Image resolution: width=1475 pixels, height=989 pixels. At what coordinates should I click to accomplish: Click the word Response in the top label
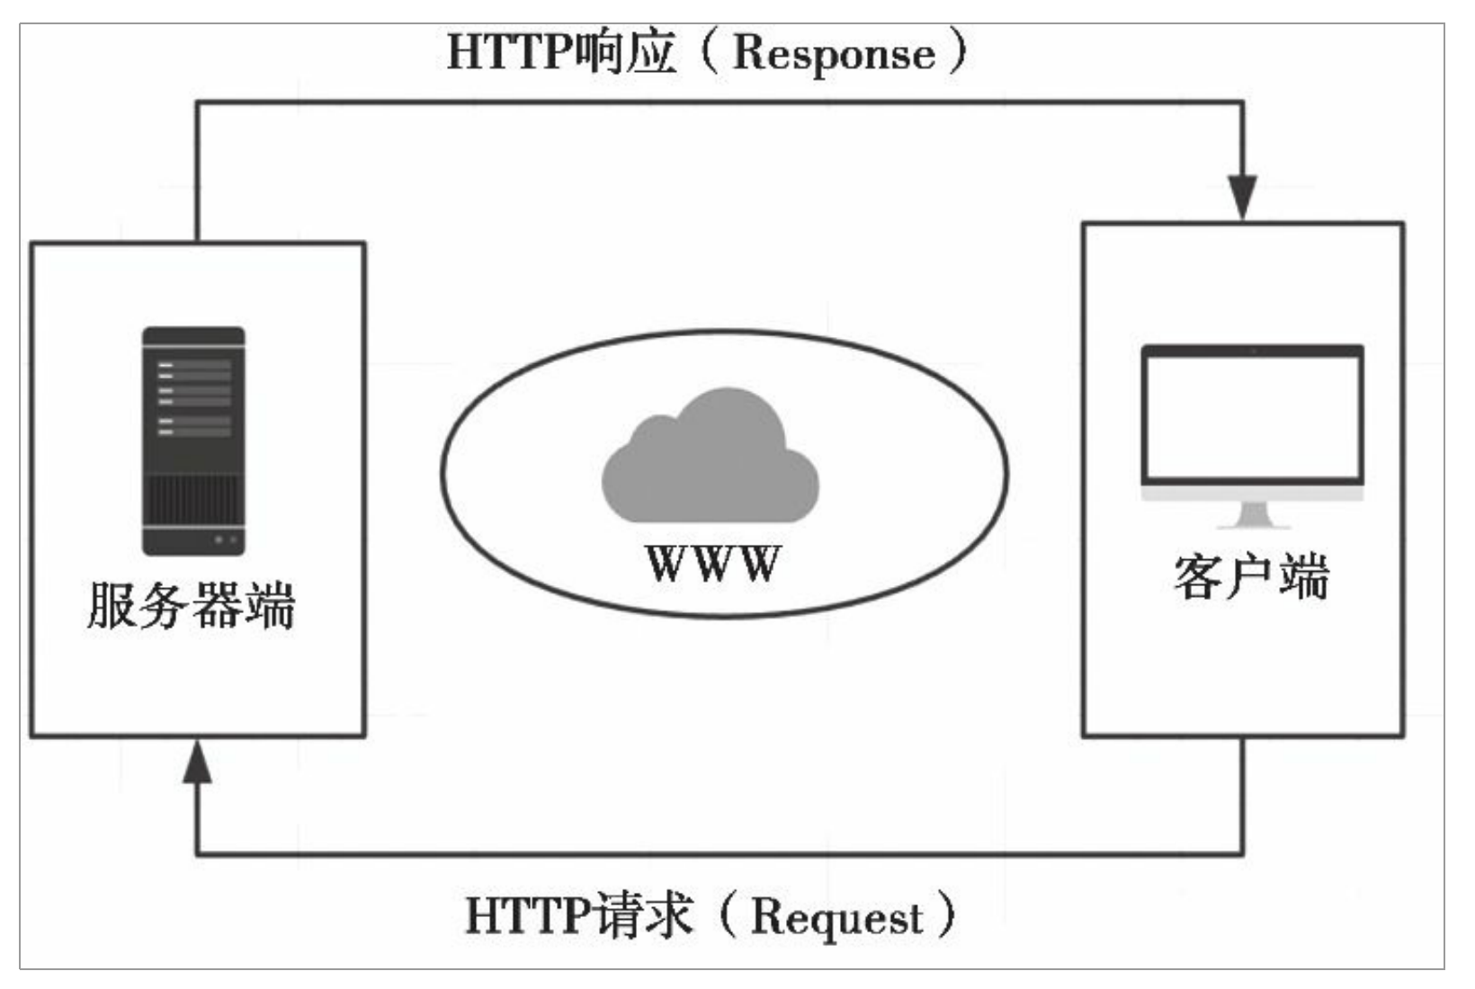(834, 53)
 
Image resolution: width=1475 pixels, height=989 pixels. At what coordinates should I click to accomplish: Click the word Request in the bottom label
(836, 917)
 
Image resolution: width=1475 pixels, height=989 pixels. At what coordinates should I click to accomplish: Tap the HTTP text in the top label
(508, 52)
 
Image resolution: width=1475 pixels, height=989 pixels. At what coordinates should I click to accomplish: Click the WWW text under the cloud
(712, 565)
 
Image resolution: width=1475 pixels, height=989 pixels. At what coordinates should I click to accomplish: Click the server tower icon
(193, 441)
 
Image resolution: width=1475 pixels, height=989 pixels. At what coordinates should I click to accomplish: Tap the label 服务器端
(191, 606)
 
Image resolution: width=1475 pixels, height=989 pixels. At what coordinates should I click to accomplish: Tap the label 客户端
(1251, 577)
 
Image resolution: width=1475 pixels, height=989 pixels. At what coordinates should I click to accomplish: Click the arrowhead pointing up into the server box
(197, 763)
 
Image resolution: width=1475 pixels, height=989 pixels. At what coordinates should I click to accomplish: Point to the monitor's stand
(1252, 515)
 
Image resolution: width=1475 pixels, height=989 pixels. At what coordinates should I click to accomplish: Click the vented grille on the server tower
(193, 499)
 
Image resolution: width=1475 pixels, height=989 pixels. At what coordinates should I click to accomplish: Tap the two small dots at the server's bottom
(225, 539)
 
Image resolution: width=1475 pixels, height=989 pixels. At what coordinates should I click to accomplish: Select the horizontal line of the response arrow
(720, 102)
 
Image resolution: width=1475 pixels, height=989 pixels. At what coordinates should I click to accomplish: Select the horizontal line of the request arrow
(720, 853)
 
